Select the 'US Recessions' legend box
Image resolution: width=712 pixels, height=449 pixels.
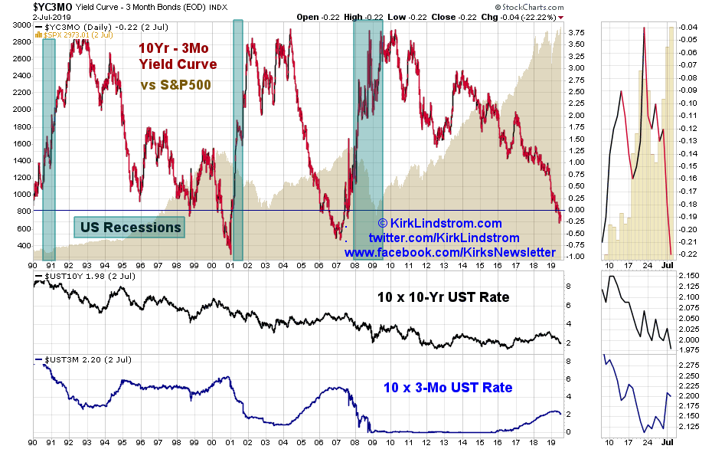coord(130,227)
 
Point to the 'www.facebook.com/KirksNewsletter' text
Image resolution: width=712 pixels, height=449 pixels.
coord(450,252)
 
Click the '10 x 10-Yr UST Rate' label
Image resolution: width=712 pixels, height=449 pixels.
coord(443,297)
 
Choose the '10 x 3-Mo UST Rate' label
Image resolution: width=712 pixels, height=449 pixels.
coord(448,388)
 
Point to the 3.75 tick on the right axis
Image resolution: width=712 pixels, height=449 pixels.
coord(576,32)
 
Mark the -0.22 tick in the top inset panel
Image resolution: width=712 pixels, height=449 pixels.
coord(687,254)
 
